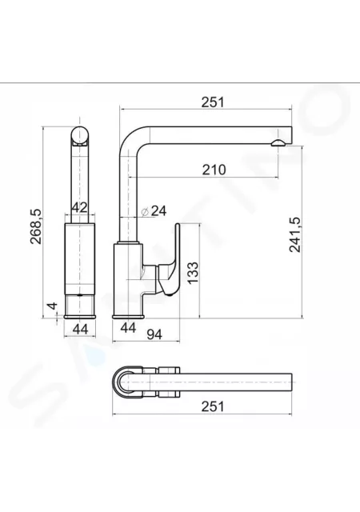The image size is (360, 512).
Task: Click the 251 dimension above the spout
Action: [x=213, y=102]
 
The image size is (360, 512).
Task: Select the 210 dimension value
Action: [x=214, y=170]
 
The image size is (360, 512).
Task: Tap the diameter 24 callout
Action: [x=154, y=211]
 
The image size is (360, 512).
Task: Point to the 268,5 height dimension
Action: [x=36, y=226]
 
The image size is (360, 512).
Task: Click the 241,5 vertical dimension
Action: [x=295, y=234]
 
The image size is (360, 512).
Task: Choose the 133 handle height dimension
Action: [x=193, y=273]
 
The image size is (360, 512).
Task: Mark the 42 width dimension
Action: [x=80, y=207]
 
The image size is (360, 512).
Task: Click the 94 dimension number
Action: [x=154, y=334]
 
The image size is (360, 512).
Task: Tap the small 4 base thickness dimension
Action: [x=52, y=306]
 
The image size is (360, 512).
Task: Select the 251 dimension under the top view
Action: [x=213, y=407]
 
